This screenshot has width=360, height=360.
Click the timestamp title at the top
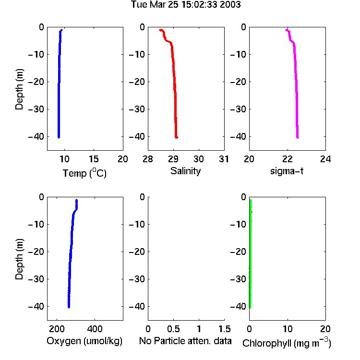[186, 4]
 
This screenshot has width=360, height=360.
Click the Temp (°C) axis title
[84, 173]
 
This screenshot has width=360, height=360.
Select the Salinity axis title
[185, 171]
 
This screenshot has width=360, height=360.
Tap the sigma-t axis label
[287, 171]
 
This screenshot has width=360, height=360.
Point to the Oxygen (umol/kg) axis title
[84, 341]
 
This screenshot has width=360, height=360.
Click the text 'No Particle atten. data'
[185, 341]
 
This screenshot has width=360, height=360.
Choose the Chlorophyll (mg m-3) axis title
[287, 343]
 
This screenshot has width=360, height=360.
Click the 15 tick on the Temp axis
[94, 159]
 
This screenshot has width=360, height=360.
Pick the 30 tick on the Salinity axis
[199, 159]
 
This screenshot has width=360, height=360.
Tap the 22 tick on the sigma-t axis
[287, 159]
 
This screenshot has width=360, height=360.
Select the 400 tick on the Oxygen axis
[95, 329]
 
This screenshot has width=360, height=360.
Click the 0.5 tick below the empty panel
[173, 329]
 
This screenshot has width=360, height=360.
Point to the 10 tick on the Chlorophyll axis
[287, 329]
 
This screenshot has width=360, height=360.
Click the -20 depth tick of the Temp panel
[36, 82]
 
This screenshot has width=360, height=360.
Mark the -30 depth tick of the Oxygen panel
[36, 279]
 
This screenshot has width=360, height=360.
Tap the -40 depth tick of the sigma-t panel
[238, 137]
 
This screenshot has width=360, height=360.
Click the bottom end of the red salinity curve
[176, 138]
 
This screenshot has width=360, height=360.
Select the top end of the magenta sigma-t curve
[286, 30]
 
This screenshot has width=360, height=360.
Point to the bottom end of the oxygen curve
[69, 307]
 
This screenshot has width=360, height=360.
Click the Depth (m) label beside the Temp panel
[19, 89]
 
